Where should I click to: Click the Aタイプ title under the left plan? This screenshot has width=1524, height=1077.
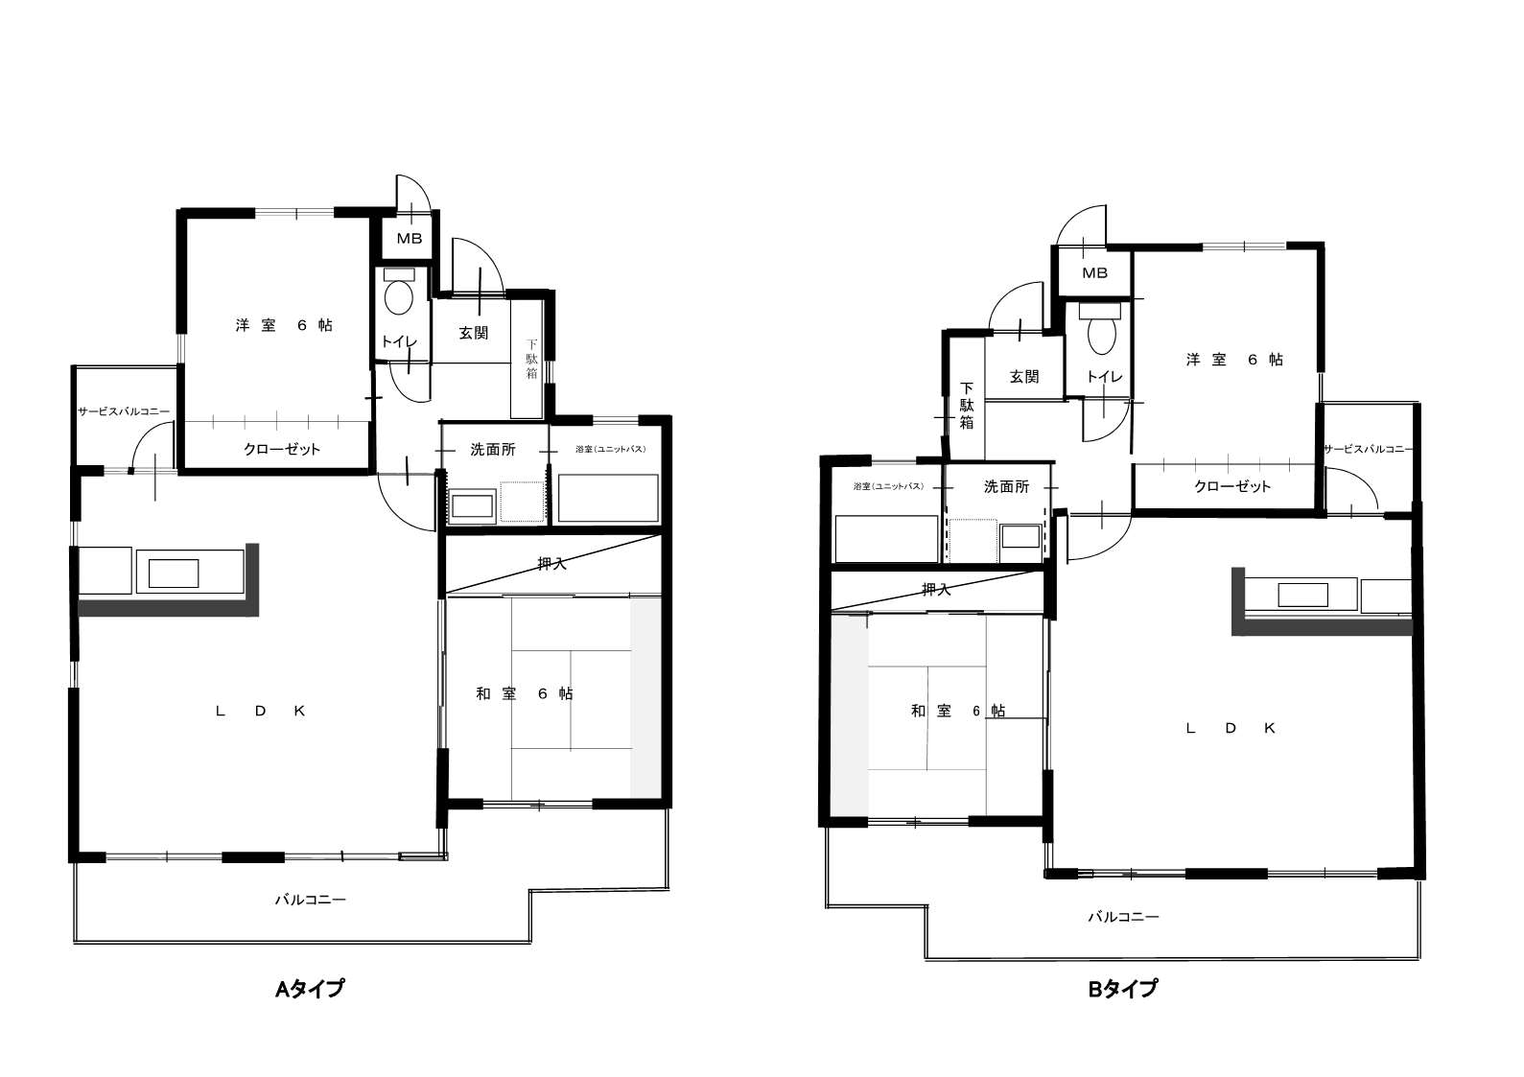coord(310,989)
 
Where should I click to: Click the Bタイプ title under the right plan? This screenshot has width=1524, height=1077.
coord(1123,989)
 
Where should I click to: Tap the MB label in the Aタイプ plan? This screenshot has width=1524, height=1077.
coord(410,238)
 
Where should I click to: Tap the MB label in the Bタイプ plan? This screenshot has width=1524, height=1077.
coord(1094,272)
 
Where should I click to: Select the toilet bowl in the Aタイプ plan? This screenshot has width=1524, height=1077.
coord(399,298)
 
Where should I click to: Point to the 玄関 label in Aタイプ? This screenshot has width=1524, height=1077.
coord(474,333)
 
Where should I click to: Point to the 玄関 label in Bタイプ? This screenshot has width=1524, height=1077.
coord(1024,376)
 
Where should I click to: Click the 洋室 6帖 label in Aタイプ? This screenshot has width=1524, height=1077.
coord(285,325)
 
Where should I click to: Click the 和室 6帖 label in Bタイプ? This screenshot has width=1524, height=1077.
coord(958,711)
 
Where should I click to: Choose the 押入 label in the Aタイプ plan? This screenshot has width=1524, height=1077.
coord(551,563)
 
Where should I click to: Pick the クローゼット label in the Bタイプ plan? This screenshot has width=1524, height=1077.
coord(1232,486)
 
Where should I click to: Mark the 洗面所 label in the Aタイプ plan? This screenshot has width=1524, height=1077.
coord(493,450)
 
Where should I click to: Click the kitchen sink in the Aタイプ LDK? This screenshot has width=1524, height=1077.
coord(174,573)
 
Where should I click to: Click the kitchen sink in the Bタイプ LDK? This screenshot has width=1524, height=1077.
coord(1302,595)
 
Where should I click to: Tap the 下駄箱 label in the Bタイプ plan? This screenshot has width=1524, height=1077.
coord(967,406)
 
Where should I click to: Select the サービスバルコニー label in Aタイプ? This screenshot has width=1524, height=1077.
coord(124,411)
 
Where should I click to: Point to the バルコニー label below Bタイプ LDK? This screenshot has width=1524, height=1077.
coord(1123,917)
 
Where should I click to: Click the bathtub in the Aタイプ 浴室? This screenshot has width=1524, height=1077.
coord(608,498)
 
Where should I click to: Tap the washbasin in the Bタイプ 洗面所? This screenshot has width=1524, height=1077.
coord(1020,537)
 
